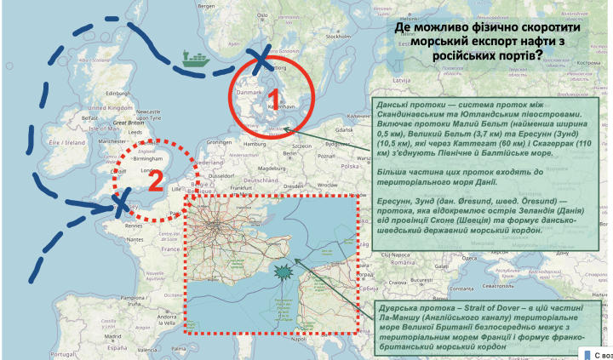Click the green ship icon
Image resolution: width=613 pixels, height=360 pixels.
point(195,60)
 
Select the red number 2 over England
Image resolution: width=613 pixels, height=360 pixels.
point(155,180)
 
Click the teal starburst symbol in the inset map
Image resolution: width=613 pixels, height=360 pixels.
point(283,271)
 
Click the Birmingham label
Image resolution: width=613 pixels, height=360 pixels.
point(149,157)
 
